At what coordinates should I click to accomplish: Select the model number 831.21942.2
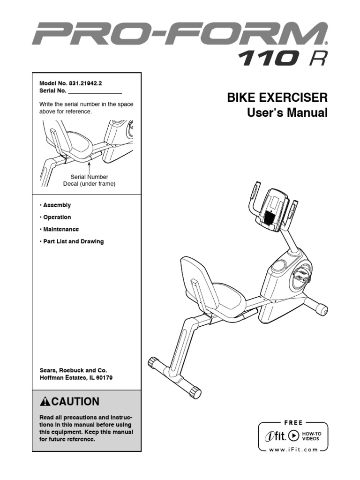[x=86, y=82]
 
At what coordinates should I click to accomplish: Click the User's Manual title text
[x=287, y=113]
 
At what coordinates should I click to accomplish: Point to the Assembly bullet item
[x=56, y=205]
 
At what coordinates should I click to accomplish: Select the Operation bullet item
[x=57, y=217]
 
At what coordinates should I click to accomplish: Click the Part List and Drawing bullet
[x=73, y=242]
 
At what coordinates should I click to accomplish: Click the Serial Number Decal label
[x=89, y=180]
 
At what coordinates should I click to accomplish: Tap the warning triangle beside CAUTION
[x=45, y=402]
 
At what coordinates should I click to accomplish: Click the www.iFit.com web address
[x=293, y=450]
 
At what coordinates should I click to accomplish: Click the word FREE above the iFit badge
[x=293, y=422]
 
